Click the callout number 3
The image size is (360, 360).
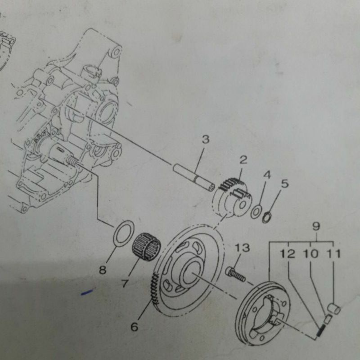(205, 140)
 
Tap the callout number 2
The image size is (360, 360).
(243, 159)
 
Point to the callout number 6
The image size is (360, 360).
(134, 327)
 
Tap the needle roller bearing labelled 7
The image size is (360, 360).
(147, 245)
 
